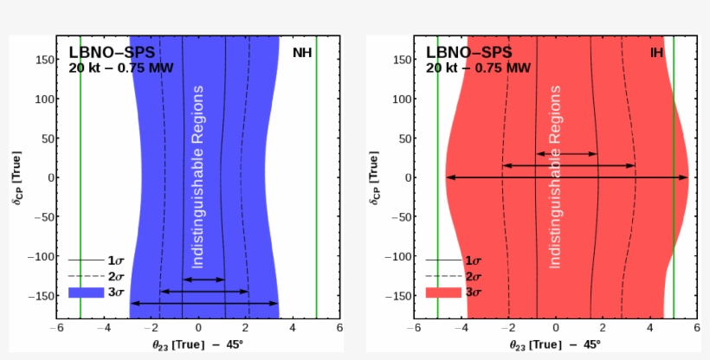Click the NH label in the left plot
click(x=302, y=53)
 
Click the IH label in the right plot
click(x=657, y=53)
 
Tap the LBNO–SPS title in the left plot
click(x=112, y=53)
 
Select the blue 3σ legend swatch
click(x=86, y=292)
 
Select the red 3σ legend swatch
click(x=442, y=292)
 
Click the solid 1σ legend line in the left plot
click(x=86, y=260)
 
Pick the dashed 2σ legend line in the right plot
click(x=442, y=276)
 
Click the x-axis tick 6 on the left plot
click(x=339, y=329)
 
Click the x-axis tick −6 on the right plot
click(x=414, y=329)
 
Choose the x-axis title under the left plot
click(x=198, y=344)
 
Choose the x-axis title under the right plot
click(x=555, y=344)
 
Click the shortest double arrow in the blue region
click(x=204, y=280)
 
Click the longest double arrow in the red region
click(x=567, y=177)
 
